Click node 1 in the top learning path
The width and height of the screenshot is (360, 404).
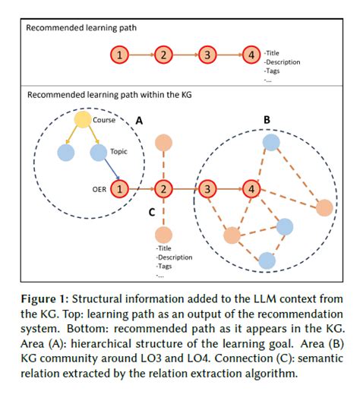[x=119, y=55]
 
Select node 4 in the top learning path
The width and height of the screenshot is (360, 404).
[x=251, y=55]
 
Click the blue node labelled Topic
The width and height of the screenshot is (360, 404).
[x=98, y=153]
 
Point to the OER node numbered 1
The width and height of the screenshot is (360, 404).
[x=119, y=187]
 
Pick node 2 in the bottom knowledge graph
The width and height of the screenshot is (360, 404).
[x=163, y=187]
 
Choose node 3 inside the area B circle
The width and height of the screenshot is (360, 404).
[x=208, y=187]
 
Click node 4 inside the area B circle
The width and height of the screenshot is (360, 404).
[x=252, y=187]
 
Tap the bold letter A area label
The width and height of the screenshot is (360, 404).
[x=138, y=119]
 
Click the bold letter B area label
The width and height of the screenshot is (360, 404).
[x=267, y=119]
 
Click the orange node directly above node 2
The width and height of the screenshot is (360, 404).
[x=163, y=142]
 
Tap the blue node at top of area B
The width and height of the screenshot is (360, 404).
[x=271, y=142]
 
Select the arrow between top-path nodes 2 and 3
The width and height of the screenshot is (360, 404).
[x=185, y=55]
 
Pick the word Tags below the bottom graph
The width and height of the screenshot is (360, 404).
[x=165, y=267]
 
